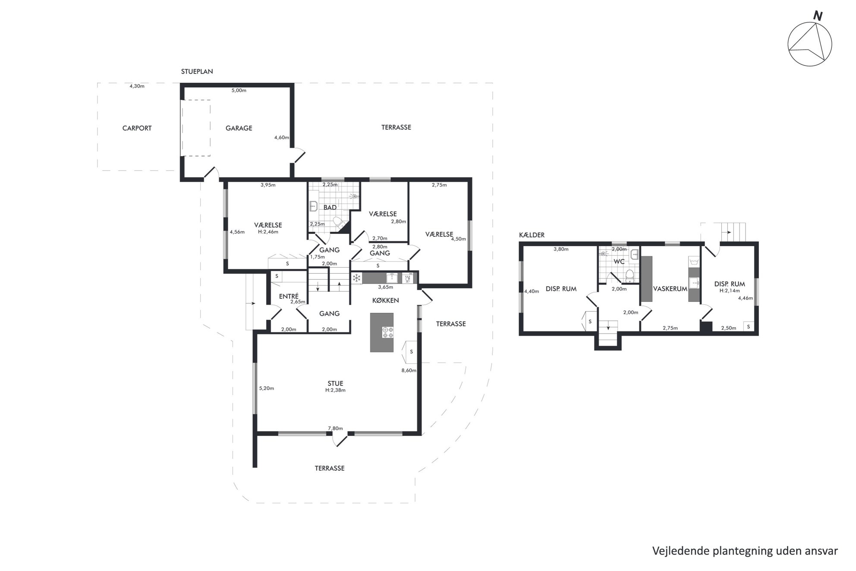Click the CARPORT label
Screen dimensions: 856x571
(137, 128)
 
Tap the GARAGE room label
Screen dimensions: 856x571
(239, 128)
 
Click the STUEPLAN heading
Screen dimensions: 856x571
(197, 72)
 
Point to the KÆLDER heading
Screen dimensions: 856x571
(532, 235)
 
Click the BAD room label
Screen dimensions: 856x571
(330, 208)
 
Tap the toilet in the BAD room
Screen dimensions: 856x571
(339, 223)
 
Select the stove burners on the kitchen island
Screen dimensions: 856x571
(387, 332)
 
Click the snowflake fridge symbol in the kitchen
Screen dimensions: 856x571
(357, 278)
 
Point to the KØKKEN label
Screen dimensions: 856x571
(385, 300)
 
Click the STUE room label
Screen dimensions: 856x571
(335, 383)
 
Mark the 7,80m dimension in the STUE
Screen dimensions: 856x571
(335, 428)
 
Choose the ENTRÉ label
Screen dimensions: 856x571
(289, 296)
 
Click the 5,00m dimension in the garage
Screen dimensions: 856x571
(239, 91)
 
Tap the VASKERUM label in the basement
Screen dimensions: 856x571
(670, 289)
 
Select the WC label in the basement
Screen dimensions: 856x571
(619, 262)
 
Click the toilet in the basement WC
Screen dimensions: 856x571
(630, 275)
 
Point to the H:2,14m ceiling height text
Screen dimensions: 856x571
(729, 290)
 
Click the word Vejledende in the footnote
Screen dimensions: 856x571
(678, 551)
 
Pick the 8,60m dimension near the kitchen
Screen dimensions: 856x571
(409, 370)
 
